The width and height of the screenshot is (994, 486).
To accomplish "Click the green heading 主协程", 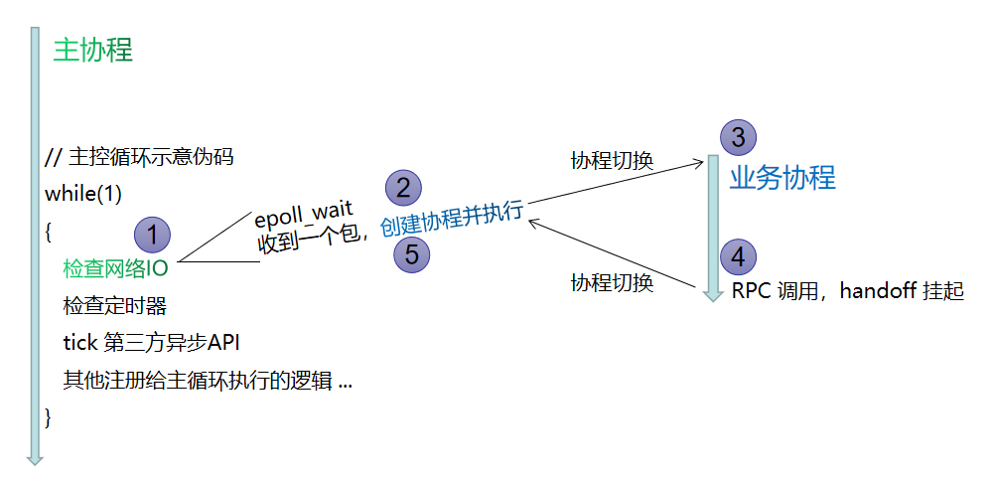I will pos(92,51).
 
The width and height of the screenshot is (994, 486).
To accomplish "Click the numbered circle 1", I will pos(153,235).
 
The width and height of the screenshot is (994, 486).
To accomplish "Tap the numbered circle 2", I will pos(403,188).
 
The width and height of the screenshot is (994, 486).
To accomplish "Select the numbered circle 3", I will pos(737,137).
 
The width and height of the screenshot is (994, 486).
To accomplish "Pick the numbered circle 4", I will pos(737,256).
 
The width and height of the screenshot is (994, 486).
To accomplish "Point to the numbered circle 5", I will pos(412,254).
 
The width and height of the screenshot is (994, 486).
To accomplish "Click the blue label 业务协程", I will pos(782,178).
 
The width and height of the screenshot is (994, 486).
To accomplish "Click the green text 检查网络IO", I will pos(115,268).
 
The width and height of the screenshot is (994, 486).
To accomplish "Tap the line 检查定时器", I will pos(114,306).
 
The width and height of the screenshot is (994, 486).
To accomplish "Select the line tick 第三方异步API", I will pos(152,343).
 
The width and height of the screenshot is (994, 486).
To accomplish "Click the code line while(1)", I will pos(83,194).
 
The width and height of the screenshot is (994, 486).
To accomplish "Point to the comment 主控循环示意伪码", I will pos(140,158).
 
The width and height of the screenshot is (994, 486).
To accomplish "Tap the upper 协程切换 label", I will pos(612,160).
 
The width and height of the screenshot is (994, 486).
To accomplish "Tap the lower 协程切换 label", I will pos(612,282).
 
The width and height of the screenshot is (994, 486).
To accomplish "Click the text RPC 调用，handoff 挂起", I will pos(848,292).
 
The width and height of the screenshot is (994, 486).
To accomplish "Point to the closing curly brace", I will pos(49,417).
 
